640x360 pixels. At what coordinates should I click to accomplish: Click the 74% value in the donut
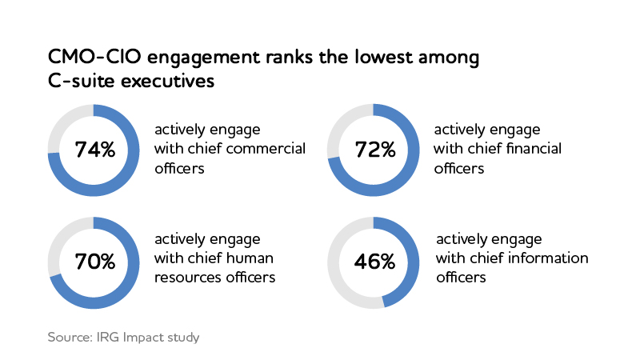click(x=94, y=150)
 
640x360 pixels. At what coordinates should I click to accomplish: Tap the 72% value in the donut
click(x=375, y=150)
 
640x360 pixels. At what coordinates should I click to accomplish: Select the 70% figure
click(x=94, y=262)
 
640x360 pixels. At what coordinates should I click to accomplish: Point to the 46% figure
click(x=375, y=262)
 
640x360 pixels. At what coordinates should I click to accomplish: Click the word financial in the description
click(x=534, y=149)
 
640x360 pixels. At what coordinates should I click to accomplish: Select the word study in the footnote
click(x=182, y=337)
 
